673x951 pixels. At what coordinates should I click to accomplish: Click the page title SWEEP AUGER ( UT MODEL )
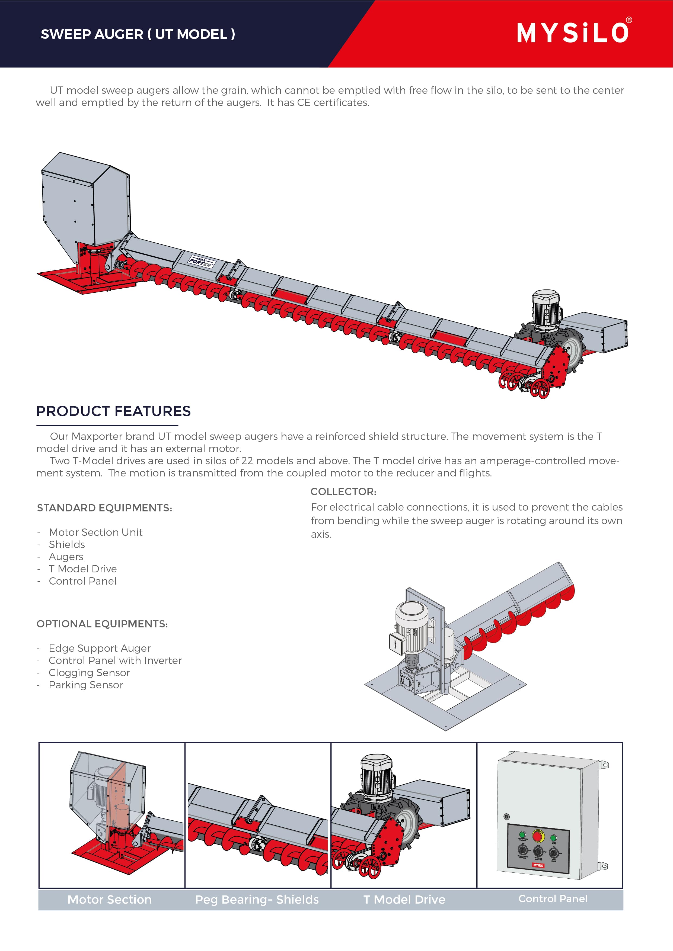[x=138, y=34]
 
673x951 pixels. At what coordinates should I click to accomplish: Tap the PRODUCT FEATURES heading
[x=113, y=411]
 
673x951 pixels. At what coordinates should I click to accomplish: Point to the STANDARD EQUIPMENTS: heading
[x=104, y=508]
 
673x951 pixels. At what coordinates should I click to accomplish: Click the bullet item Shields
[x=67, y=544]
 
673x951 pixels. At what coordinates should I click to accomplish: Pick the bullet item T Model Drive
[x=82, y=569]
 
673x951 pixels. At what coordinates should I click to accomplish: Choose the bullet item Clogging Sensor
[x=89, y=673]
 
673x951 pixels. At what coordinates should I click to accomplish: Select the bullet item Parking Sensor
[x=86, y=685]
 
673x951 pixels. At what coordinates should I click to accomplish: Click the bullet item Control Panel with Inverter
[x=115, y=660]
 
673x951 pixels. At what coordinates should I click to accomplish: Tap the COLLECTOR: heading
[x=343, y=492]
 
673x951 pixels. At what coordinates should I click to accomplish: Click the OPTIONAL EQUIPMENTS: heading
[x=102, y=624]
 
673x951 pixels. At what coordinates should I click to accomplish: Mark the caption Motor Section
[x=110, y=900]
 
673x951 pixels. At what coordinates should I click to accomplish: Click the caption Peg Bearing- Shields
[x=257, y=900]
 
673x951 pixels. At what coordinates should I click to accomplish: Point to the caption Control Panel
[x=553, y=899]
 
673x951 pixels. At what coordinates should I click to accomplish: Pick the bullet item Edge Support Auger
[x=100, y=648]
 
